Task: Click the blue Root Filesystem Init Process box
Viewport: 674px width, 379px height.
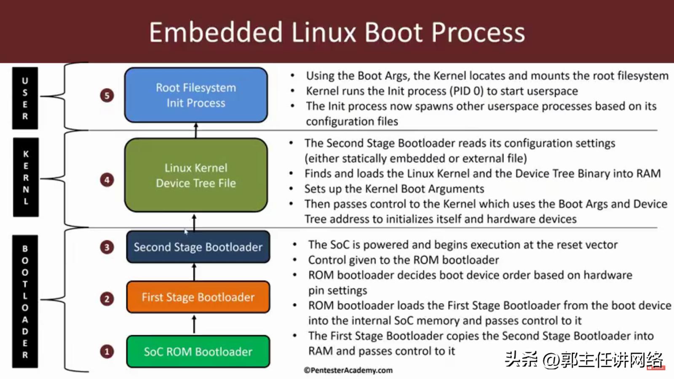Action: (x=196, y=95)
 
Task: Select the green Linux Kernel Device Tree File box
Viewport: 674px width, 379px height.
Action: (x=196, y=175)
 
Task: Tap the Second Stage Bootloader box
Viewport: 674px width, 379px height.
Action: (x=198, y=247)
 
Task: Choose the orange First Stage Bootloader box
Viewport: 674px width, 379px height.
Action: (x=198, y=297)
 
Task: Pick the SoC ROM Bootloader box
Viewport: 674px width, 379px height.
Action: (x=198, y=352)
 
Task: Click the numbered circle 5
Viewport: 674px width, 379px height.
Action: (x=107, y=96)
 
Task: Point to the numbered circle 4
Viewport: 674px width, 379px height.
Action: (x=107, y=180)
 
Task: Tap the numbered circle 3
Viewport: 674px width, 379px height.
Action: (x=107, y=247)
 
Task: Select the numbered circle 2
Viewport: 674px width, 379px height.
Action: (x=107, y=299)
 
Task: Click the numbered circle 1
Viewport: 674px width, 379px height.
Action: (x=107, y=352)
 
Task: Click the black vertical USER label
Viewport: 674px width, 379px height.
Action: (x=25, y=98)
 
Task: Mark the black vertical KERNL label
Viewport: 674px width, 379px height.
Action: (x=26, y=177)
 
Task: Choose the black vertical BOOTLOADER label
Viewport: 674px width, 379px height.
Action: (x=25, y=302)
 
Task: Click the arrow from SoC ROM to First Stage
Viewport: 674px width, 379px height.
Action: (x=194, y=324)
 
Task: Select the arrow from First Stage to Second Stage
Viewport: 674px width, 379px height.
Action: (x=194, y=272)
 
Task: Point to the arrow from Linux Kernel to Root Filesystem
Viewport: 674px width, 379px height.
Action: (x=196, y=130)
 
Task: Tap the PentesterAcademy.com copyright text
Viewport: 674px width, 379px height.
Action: (x=348, y=370)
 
